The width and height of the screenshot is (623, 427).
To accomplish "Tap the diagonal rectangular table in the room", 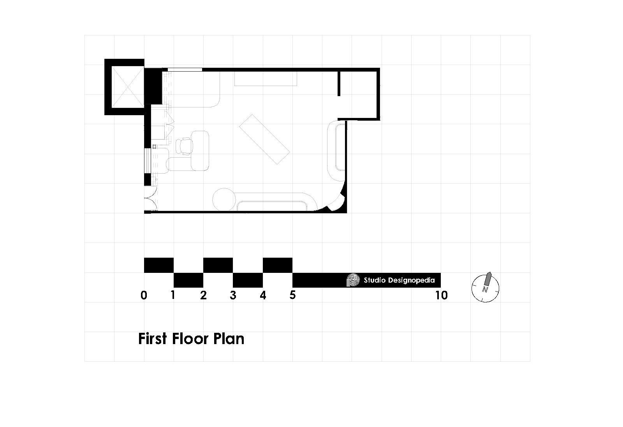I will pyautogui.click(x=264, y=139).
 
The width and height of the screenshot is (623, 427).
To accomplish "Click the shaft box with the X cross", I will pyautogui.click(x=124, y=87).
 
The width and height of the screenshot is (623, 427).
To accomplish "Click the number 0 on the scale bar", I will pyautogui.click(x=144, y=295).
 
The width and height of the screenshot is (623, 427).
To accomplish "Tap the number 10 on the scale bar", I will pyautogui.click(x=441, y=295).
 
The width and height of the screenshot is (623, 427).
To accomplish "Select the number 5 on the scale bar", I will pyautogui.click(x=292, y=295).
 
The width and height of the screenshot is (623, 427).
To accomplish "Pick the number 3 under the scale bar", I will pyautogui.click(x=233, y=295).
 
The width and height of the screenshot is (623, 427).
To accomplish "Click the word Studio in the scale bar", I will pyautogui.click(x=373, y=280).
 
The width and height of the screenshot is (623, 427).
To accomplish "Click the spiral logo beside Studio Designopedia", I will pyautogui.click(x=352, y=280).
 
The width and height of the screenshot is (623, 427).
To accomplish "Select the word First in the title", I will pyautogui.click(x=153, y=339).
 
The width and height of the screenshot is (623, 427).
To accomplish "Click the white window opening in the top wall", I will pyautogui.click(x=185, y=70).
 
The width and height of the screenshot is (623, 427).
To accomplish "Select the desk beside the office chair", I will pyautogui.click(x=200, y=151).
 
